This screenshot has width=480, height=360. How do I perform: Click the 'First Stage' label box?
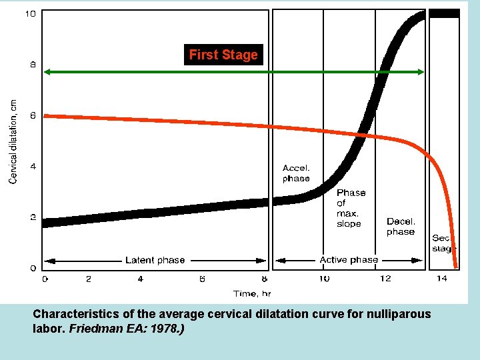(223, 55)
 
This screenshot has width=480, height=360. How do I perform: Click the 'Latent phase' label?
(155, 260)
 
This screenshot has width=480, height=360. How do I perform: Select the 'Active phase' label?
(349, 260)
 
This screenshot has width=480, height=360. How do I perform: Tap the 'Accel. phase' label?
(296, 173)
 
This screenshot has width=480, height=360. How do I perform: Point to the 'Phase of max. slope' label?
(351, 208)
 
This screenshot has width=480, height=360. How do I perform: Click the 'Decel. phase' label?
(401, 227)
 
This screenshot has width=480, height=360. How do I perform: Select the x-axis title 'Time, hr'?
(252, 293)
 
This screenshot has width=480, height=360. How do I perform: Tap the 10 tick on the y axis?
(31, 14)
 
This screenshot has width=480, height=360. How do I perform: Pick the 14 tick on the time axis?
(441, 279)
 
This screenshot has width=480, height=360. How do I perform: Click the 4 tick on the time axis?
(140, 279)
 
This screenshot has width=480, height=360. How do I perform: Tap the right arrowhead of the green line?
(421, 71)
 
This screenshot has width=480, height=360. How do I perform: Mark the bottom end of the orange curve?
(456, 266)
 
